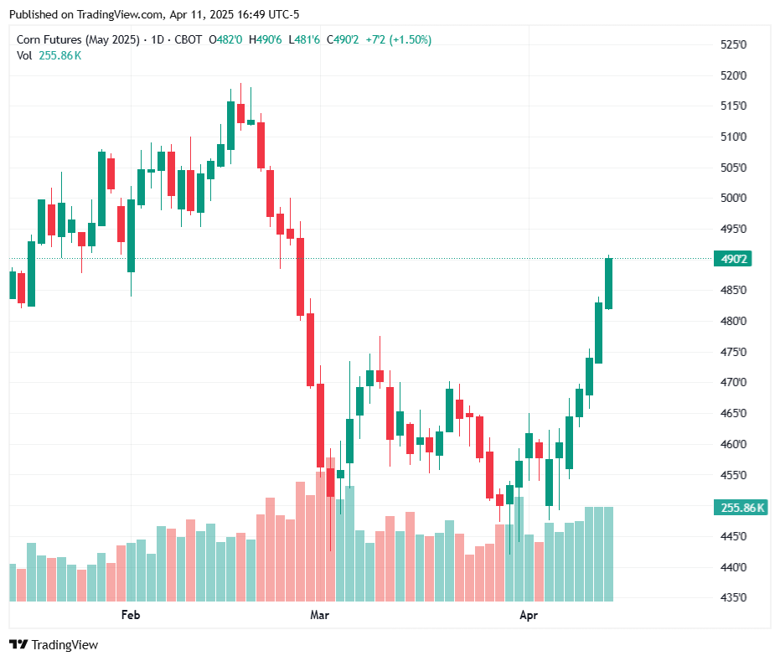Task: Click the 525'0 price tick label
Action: point(734,44)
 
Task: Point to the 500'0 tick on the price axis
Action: point(734,198)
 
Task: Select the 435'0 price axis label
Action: point(734,597)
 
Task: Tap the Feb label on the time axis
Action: point(130,616)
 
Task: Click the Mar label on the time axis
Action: point(319,616)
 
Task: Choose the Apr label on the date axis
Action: point(528,616)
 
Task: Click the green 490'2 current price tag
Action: point(731,259)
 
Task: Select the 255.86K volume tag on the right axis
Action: point(739,508)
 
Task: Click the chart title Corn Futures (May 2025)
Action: point(78,39)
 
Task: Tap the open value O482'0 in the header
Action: point(225,39)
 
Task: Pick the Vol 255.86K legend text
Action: point(49,55)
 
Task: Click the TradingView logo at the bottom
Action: point(54,644)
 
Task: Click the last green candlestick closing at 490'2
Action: point(609,283)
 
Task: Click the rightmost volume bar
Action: point(609,554)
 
